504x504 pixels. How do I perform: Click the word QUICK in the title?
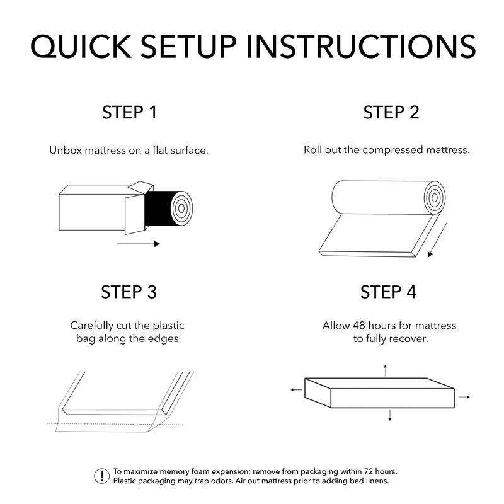(81, 47)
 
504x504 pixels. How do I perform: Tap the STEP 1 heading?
(129, 113)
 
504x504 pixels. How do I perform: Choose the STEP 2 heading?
(391, 113)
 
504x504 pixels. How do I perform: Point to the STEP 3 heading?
(129, 292)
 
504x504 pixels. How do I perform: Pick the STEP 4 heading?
(388, 292)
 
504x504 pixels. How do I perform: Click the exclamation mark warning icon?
(102, 476)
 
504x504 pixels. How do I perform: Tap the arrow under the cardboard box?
(138, 244)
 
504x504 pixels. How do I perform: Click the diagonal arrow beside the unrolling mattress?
(437, 240)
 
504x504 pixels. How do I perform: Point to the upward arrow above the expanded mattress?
(386, 370)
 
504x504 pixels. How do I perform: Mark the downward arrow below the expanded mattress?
(390, 415)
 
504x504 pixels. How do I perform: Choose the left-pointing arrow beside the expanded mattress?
(296, 390)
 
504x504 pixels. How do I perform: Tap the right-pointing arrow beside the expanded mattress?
(464, 398)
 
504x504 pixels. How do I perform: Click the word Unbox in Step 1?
(66, 151)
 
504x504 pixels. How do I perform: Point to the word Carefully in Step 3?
(92, 326)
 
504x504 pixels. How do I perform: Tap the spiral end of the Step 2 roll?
(435, 198)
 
